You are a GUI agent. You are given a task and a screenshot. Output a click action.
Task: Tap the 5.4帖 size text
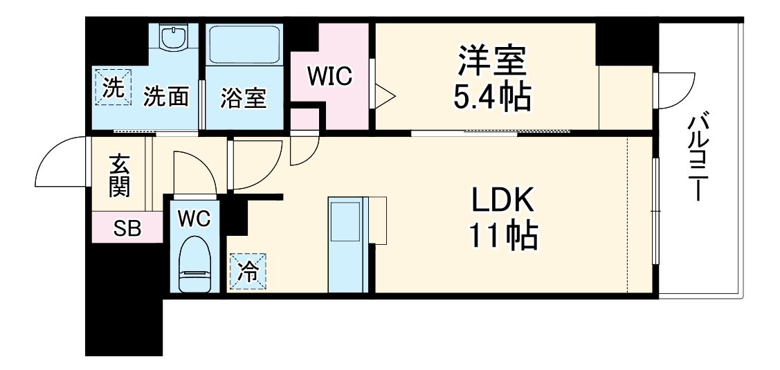click(491, 98)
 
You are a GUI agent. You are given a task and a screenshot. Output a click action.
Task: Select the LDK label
click(503, 201)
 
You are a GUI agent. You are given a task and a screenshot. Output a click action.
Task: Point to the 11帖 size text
click(503, 237)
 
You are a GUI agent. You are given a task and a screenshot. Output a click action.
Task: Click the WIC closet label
click(330, 77)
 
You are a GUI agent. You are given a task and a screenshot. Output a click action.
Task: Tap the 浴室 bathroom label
click(243, 99)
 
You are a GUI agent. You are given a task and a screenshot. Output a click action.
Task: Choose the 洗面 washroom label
click(166, 98)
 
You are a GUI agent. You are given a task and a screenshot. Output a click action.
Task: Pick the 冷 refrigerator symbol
click(247, 271)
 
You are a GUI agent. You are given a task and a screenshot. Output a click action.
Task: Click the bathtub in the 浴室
click(244, 44)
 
